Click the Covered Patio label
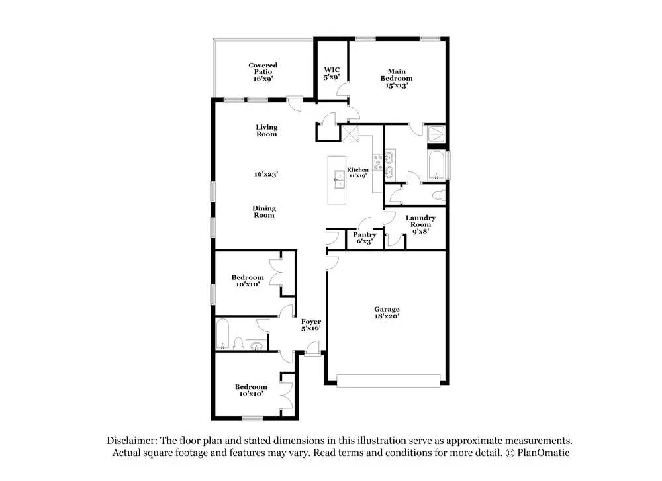point(263,71)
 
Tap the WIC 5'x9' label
point(331,73)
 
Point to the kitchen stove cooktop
point(379,161)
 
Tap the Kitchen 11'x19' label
point(357,173)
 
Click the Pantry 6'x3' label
point(365,238)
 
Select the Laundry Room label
point(420,224)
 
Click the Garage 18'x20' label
point(387,312)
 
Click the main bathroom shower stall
point(436,134)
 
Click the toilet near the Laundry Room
point(436,197)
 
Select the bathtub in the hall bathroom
point(222,333)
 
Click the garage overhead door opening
point(388,380)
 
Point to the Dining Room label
point(263,212)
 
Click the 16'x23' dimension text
point(265,174)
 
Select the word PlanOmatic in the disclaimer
point(540,453)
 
